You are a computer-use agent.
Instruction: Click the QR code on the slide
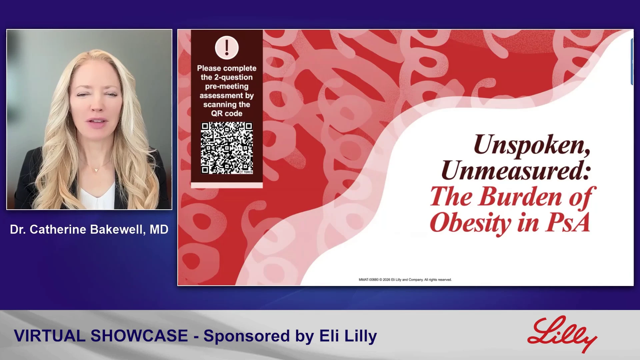tap(227, 148)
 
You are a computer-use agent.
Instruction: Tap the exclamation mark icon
tap(227, 48)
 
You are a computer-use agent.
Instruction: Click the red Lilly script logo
tap(562, 334)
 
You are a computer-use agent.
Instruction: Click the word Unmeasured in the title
tap(516, 170)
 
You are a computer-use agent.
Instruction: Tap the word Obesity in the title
tap(470, 223)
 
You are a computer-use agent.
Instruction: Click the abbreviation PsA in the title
tap(568, 222)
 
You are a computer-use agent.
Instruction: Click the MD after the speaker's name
tap(159, 229)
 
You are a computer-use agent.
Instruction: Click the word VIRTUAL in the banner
tap(50, 336)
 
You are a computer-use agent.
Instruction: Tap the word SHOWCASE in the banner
tap(139, 336)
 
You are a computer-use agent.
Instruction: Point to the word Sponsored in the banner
tap(247, 336)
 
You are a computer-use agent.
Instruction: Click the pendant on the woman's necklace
tap(96, 170)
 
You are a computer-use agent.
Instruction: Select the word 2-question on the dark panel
tap(233, 77)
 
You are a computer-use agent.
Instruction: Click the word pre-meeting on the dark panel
tap(227, 86)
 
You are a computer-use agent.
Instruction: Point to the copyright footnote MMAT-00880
tap(368, 280)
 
